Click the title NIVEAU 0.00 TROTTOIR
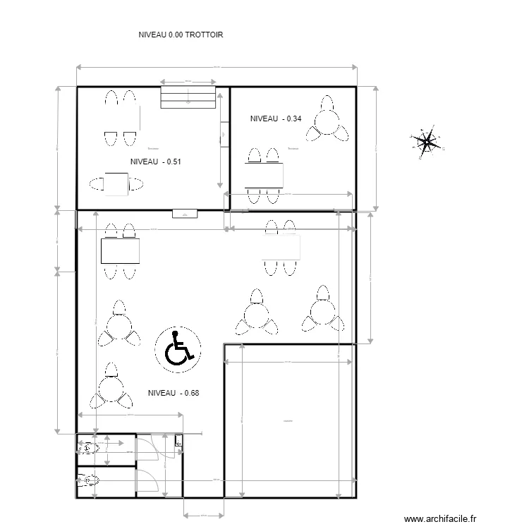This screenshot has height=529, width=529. coord(181,34)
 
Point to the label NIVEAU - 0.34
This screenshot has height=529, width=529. coord(276,118)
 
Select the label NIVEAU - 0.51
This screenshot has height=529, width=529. coord(156,162)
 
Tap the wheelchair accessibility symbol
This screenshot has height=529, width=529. coord(178,348)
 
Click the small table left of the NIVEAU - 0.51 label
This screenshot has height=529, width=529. coord(116,183)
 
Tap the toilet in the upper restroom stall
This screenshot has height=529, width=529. coord(87,448)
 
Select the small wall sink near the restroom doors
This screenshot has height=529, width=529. coord(178,442)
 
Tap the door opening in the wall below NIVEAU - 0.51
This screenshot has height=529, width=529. coord(185,212)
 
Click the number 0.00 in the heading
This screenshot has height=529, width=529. coord(176,34)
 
